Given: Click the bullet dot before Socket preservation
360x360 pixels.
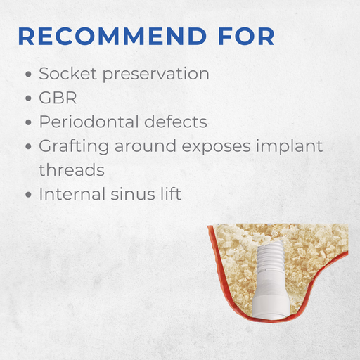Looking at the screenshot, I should click(x=27, y=75).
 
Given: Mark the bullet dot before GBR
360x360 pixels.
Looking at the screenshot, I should click(x=27, y=98).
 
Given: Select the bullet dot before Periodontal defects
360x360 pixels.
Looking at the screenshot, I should click(x=27, y=122).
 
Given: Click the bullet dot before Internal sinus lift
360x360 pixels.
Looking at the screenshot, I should click(x=27, y=194).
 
